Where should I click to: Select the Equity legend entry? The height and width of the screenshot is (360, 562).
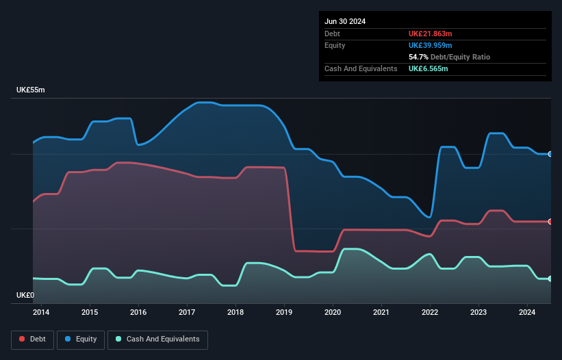(81, 339)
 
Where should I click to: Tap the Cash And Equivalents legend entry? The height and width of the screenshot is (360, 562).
(157, 339)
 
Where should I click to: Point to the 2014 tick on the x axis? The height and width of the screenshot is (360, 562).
(41, 313)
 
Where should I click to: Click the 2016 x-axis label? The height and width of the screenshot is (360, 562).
(138, 313)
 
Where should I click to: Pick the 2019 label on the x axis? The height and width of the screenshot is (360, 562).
(284, 313)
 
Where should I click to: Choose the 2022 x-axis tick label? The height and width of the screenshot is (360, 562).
(430, 313)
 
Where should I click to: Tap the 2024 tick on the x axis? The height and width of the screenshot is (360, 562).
(527, 313)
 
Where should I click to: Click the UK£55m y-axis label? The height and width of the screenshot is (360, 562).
(31, 90)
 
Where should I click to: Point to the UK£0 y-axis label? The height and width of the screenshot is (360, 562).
(25, 295)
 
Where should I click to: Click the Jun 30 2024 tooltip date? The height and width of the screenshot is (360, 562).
(345, 21)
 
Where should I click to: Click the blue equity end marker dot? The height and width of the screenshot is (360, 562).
(550, 154)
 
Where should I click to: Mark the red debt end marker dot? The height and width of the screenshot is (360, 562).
(550, 222)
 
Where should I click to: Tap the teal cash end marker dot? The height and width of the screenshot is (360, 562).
(550, 279)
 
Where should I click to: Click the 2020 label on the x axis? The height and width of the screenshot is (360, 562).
(333, 313)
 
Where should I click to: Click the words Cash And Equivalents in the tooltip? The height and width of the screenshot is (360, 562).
(361, 69)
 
